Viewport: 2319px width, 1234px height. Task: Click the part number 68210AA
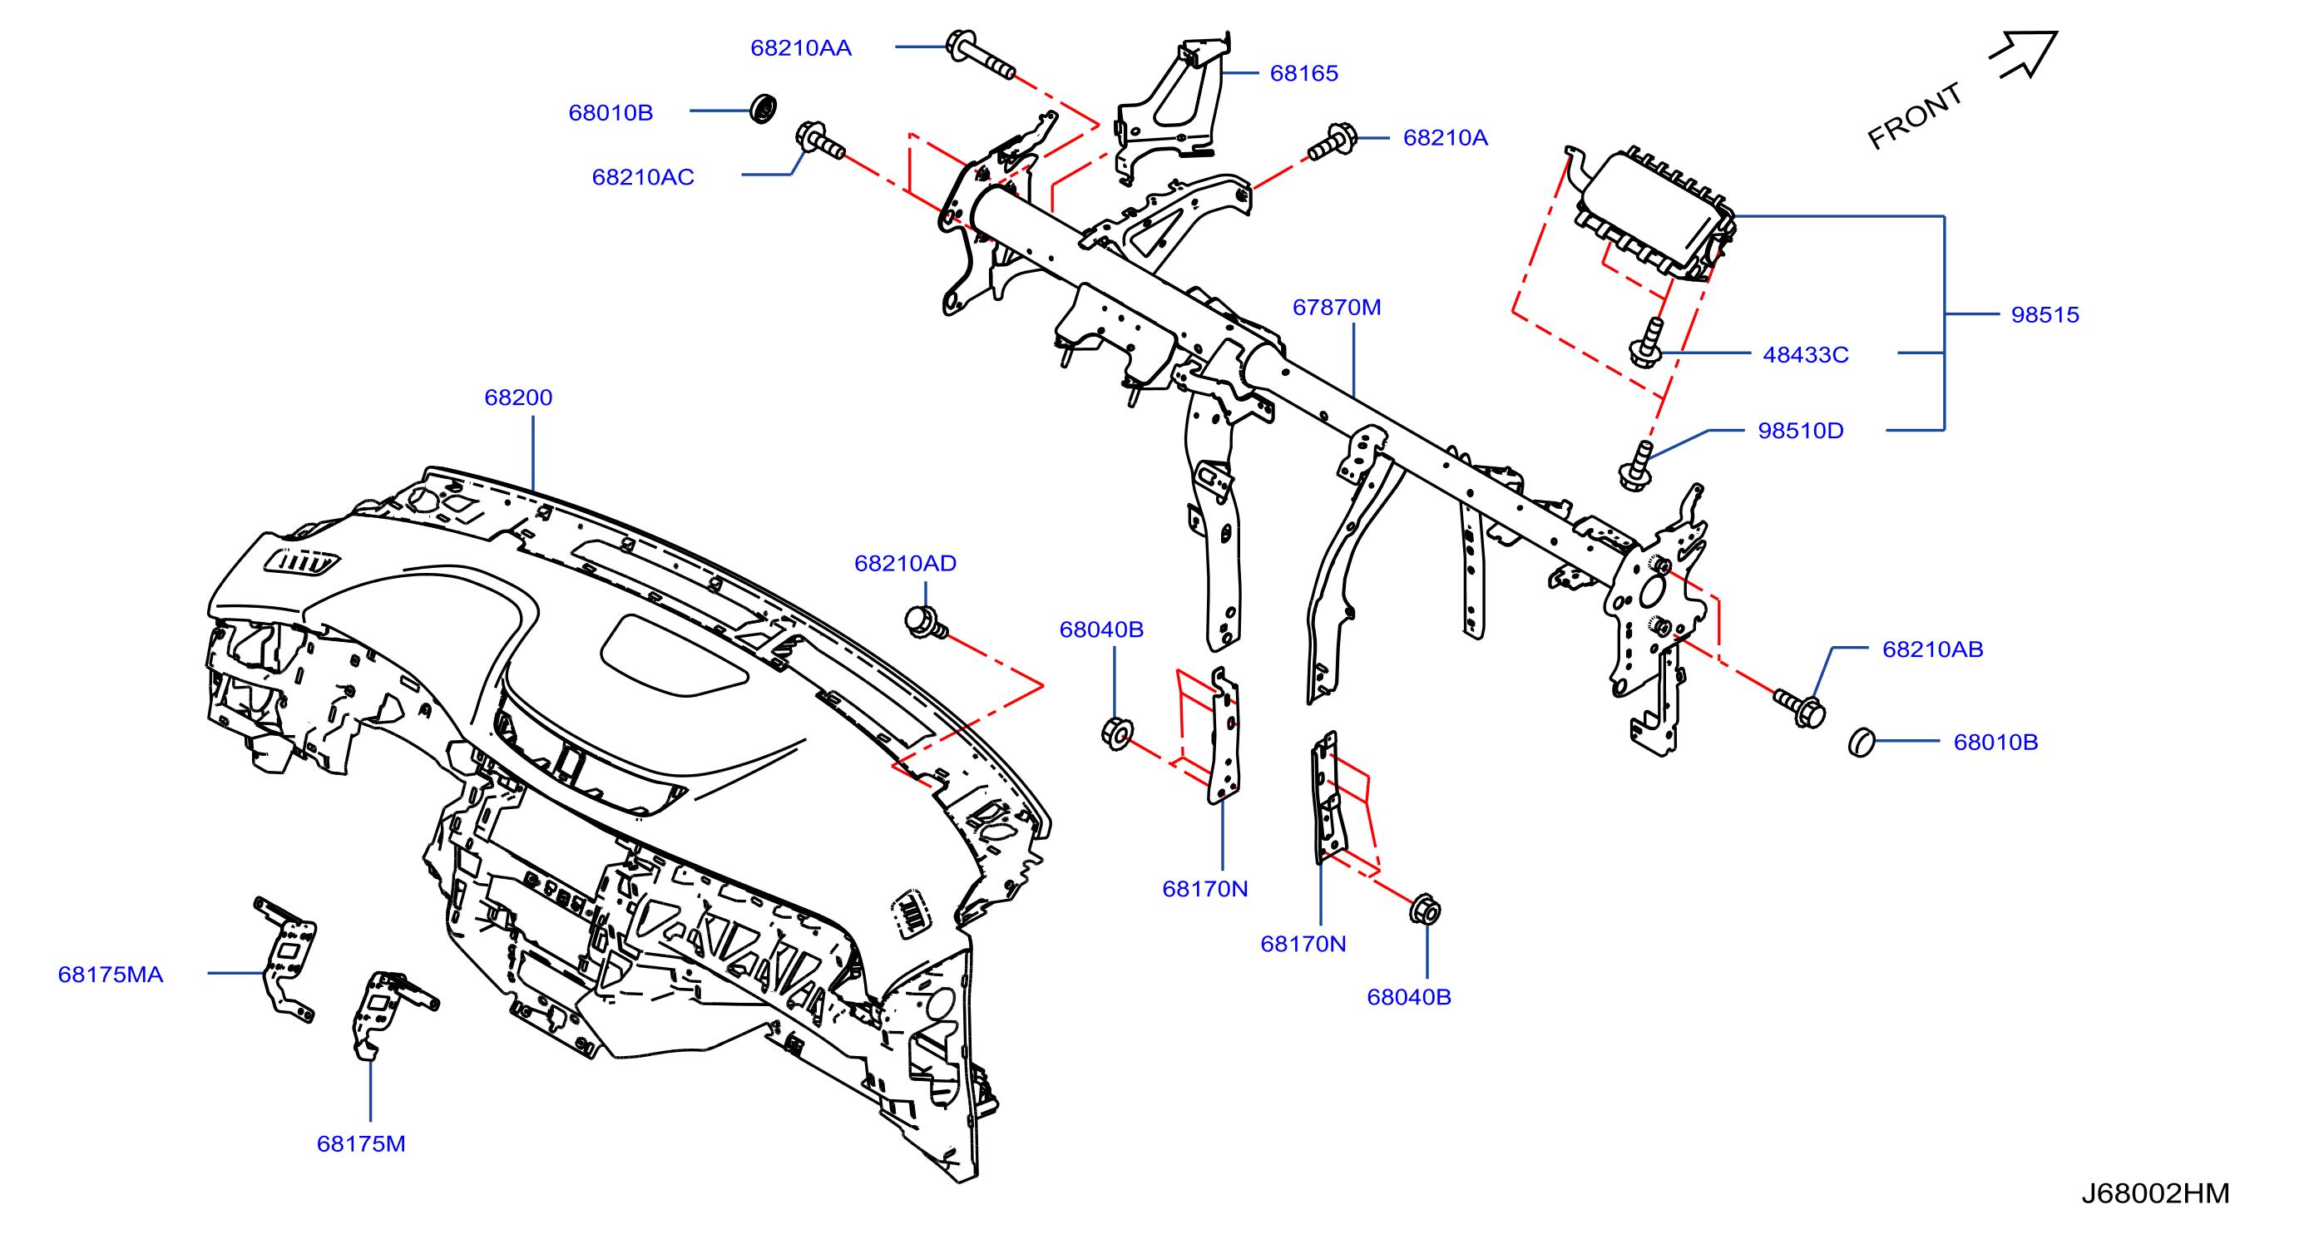pyautogui.click(x=800, y=47)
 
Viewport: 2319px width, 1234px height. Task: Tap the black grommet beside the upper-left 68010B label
pyautogui.click(x=764, y=109)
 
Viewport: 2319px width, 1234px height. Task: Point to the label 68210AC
pyautogui.click(x=643, y=177)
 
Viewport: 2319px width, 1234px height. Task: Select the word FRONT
pyautogui.click(x=1914, y=116)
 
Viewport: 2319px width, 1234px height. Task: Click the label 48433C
pyautogui.click(x=1805, y=354)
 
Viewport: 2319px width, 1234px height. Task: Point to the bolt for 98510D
pyautogui.click(x=1637, y=466)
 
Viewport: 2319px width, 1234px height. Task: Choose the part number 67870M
pyautogui.click(x=1336, y=307)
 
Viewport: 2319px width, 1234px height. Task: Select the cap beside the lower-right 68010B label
pyautogui.click(x=1861, y=743)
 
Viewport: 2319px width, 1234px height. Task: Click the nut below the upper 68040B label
pyautogui.click(x=1116, y=733)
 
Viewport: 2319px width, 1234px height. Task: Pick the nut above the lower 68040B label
pyautogui.click(x=1424, y=910)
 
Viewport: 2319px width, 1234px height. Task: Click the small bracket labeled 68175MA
pyautogui.click(x=286, y=959)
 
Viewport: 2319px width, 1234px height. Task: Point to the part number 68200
pyautogui.click(x=517, y=397)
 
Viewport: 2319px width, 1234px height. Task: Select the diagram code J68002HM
pyautogui.click(x=2154, y=1193)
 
